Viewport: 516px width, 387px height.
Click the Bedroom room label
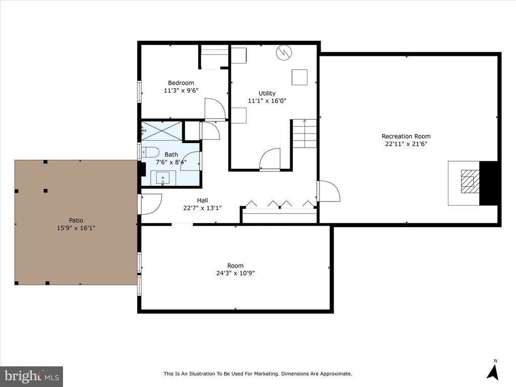pyautogui.click(x=180, y=83)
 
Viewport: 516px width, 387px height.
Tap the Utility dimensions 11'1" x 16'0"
pyautogui.click(x=267, y=101)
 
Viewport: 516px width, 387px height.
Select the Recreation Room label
pyautogui.click(x=406, y=136)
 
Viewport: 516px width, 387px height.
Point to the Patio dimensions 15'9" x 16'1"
pyautogui.click(x=76, y=228)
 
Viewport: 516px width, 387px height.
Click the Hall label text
pyautogui.click(x=202, y=200)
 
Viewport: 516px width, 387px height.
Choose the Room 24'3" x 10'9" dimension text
pyautogui.click(x=235, y=273)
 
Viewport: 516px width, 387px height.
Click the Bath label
pyautogui.click(x=171, y=154)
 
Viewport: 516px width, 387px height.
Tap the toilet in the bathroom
pyautogui.click(x=150, y=152)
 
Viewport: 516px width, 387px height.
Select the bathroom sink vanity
pyautogui.click(x=163, y=178)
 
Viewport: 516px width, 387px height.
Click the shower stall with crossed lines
pyautogui.click(x=162, y=131)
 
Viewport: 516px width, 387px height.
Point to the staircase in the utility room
pyautogui.click(x=304, y=134)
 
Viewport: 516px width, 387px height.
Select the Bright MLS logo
pyautogui.click(x=31, y=376)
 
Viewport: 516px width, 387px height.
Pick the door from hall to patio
pyautogui.click(x=150, y=203)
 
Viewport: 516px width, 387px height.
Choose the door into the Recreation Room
pyautogui.click(x=328, y=191)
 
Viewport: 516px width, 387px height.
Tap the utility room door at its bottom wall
pyautogui.click(x=270, y=160)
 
